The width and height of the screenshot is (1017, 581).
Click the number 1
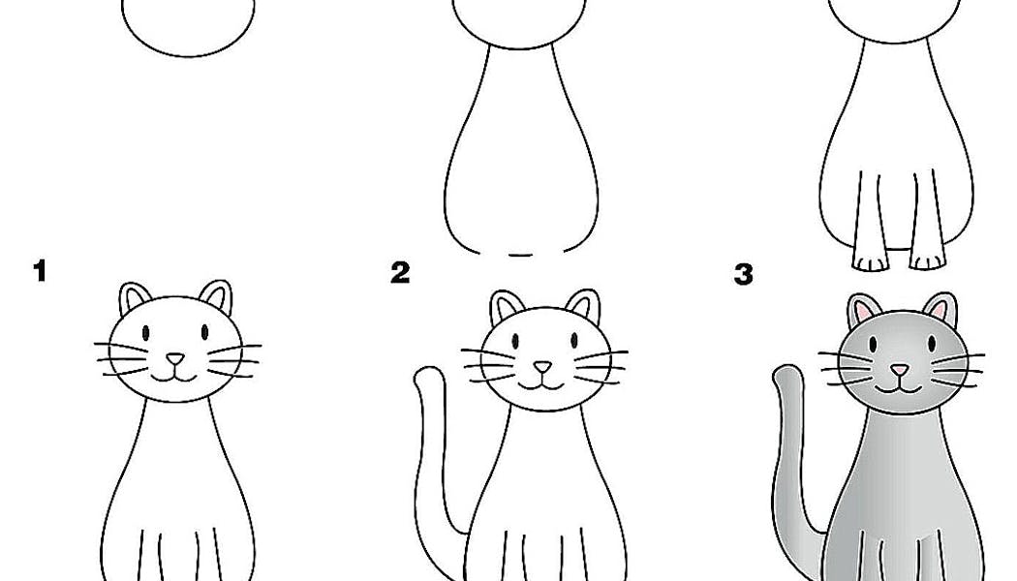(41, 271)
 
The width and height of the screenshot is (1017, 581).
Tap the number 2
(400, 272)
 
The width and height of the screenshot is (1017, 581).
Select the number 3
(743, 274)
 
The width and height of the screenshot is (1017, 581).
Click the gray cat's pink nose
(899, 370)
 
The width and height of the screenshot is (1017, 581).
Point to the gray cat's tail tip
(786, 374)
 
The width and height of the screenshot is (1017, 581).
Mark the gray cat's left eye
(872, 343)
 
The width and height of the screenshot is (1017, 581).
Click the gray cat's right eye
(932, 343)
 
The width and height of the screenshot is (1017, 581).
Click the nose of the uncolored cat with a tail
(542, 368)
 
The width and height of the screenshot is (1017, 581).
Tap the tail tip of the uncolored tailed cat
(428, 376)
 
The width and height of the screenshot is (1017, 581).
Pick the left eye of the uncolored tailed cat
(515, 341)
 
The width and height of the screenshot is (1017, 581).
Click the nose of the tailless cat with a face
(175, 359)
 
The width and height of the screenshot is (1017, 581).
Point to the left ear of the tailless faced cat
(134, 298)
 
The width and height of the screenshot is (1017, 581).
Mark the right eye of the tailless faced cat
(205, 332)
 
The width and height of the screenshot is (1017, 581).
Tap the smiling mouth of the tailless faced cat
(174, 375)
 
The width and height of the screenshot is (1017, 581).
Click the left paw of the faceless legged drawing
(870, 262)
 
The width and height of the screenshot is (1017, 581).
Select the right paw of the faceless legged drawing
(928, 261)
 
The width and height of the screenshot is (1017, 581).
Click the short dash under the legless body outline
(520, 255)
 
